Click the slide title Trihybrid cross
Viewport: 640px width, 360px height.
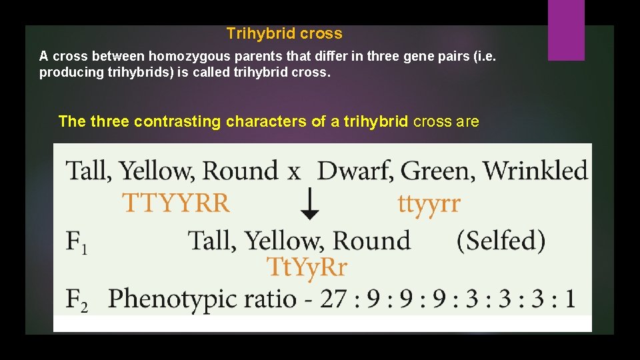284,33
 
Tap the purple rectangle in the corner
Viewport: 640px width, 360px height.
566,30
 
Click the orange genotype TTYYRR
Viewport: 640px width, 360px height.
176,202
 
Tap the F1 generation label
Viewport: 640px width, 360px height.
77,241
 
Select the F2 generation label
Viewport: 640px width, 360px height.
77,299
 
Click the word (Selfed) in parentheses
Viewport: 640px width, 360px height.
501,240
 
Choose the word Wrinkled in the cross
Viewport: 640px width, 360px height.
535,171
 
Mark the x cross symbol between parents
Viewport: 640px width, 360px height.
294,172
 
